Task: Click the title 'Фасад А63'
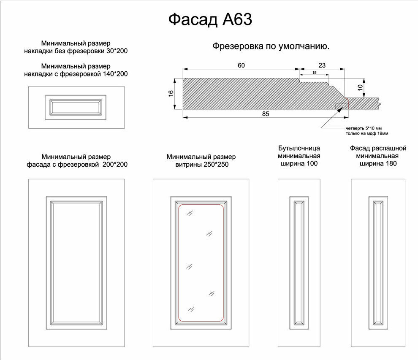[x=210, y=19]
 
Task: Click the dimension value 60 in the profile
[x=241, y=65]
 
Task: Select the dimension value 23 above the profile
[x=322, y=65]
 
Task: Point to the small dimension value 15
[x=314, y=73]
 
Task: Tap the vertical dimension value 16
[x=171, y=93]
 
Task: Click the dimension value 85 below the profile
[x=266, y=114]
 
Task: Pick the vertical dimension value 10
[x=360, y=87]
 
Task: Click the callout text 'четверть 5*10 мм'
[x=364, y=128]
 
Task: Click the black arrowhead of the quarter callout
[x=340, y=109]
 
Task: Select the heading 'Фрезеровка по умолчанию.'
[x=271, y=46]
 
